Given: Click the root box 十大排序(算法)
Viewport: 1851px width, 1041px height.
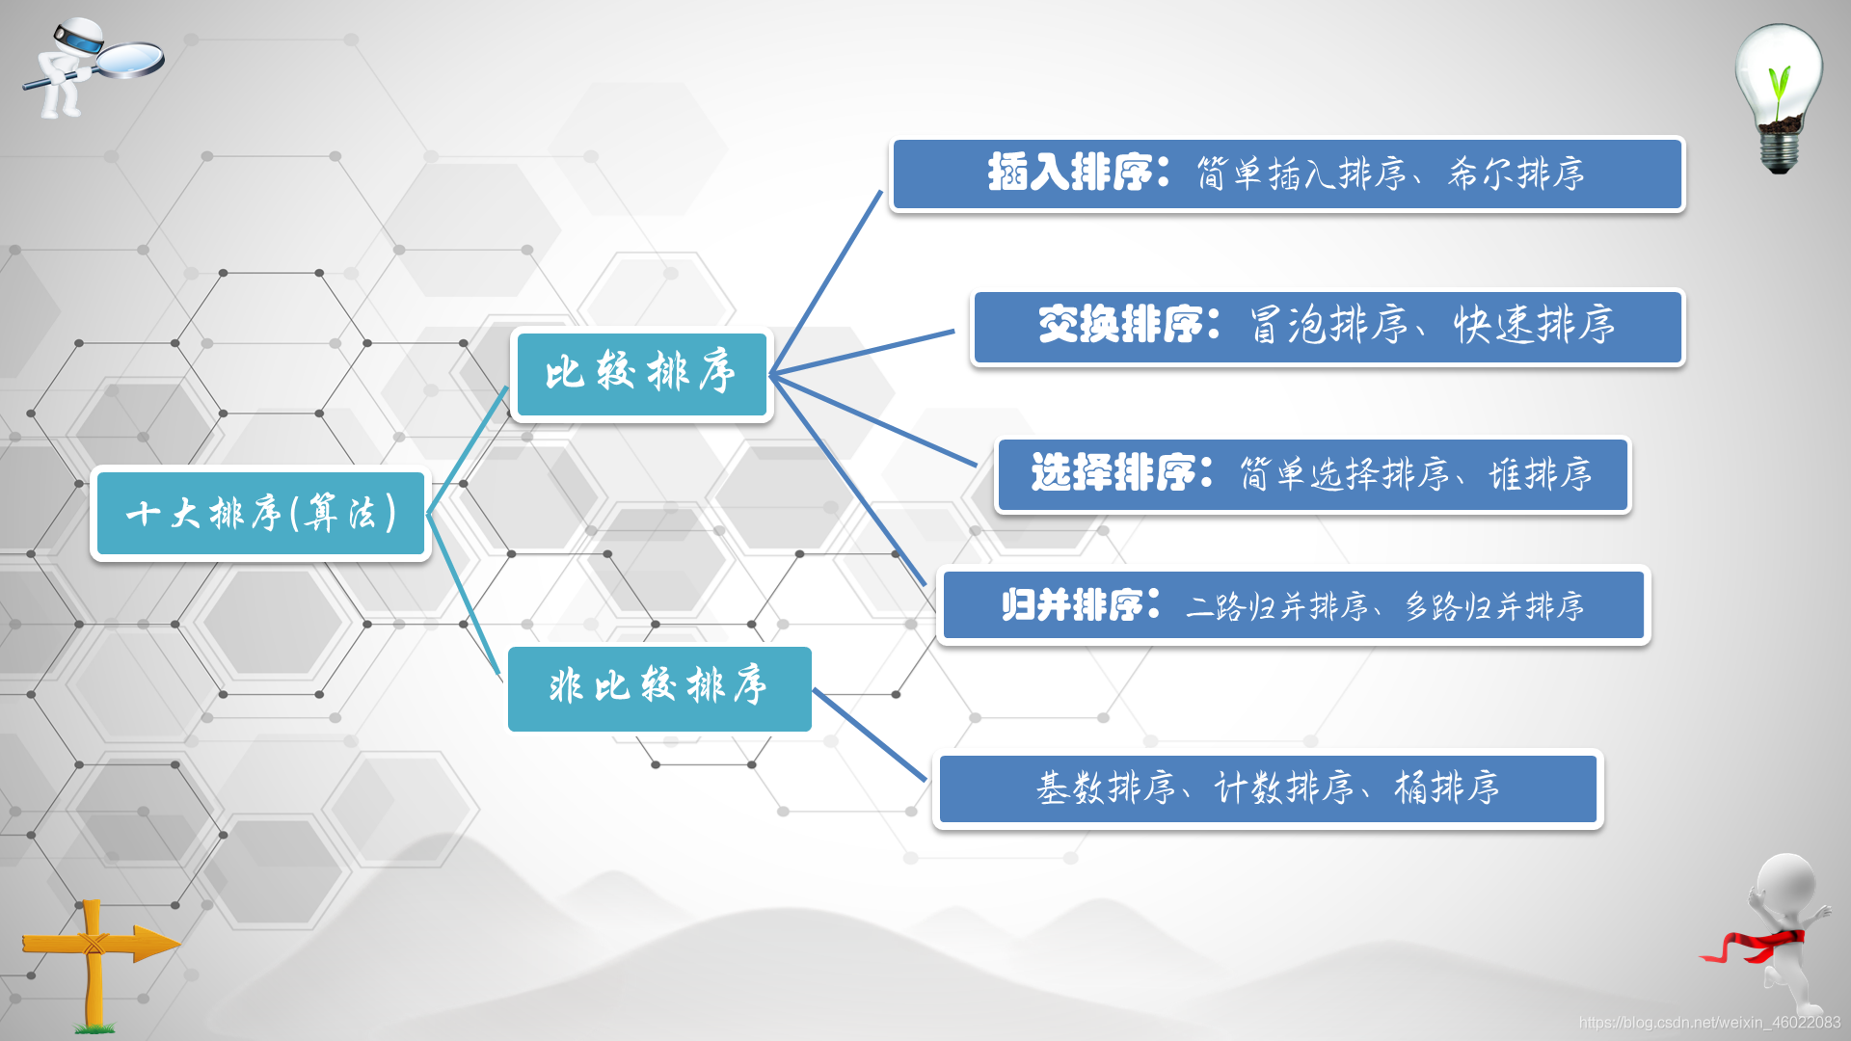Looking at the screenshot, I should [x=260, y=514].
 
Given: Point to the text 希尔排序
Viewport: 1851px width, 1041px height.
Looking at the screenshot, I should [x=1516, y=174].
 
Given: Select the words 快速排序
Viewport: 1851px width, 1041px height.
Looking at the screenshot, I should [x=1534, y=326].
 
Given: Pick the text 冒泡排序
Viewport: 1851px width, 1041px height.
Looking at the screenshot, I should [x=1329, y=326].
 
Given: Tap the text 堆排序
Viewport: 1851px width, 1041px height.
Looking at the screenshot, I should [x=1540, y=474].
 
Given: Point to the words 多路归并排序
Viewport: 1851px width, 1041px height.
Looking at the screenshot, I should [x=1493, y=606].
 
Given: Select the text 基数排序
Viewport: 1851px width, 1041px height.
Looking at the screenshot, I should [x=1106, y=788].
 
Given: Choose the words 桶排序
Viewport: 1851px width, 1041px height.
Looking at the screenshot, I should [x=1446, y=788].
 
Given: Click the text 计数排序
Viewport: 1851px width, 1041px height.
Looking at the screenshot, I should [x=1284, y=788].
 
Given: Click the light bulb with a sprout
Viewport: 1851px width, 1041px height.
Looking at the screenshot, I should [x=1780, y=96].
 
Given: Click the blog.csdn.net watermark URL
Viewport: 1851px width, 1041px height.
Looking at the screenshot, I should [x=1708, y=1023].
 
